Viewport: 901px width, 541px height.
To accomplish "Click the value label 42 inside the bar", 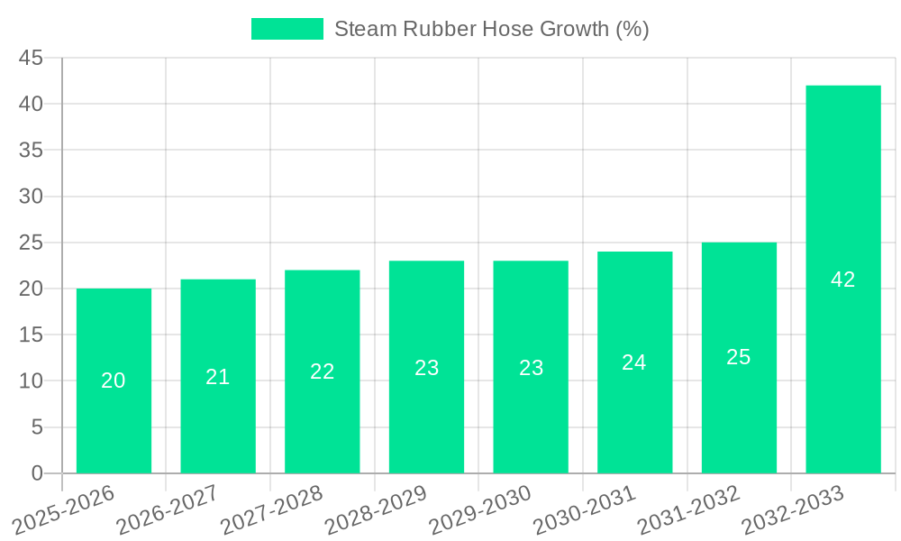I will (x=843, y=280).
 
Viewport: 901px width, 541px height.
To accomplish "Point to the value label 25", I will (x=739, y=357).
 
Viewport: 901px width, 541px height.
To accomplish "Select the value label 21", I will (x=218, y=377).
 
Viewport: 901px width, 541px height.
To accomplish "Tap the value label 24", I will (x=634, y=362).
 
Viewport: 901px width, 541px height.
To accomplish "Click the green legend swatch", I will (x=287, y=29).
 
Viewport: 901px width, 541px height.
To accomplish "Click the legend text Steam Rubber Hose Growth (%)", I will (x=491, y=29).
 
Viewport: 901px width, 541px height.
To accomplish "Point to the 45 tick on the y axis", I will (x=31, y=58).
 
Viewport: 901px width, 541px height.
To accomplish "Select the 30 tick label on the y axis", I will (x=31, y=197).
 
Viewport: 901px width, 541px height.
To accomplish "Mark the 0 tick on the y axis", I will (x=37, y=473).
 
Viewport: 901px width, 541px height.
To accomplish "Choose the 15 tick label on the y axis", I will (x=31, y=335).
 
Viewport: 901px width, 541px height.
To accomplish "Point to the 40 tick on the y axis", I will (x=31, y=104).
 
